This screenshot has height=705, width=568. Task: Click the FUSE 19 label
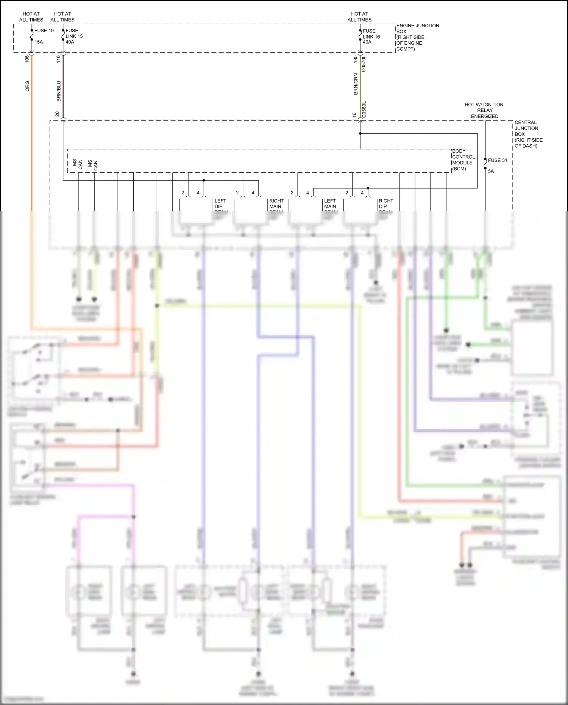(44, 31)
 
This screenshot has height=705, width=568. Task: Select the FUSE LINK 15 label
(74, 36)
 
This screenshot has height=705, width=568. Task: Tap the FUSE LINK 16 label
(371, 36)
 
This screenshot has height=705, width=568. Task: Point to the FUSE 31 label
(497, 160)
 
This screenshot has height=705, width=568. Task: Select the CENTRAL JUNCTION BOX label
(528, 134)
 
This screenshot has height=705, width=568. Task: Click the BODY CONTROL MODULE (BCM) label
(463, 160)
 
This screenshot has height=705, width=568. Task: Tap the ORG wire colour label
(27, 86)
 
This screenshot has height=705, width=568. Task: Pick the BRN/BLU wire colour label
(59, 91)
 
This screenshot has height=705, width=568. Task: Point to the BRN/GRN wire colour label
(356, 84)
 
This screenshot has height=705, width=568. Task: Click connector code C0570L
(364, 64)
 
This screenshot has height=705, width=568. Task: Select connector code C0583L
(364, 109)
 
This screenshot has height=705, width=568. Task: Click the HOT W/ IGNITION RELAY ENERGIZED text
(484, 110)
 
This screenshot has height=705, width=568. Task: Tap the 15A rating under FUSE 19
(39, 42)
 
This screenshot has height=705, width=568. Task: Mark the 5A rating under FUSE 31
(491, 171)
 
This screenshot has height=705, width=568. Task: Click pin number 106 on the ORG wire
(27, 59)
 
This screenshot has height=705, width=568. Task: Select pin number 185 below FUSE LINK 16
(355, 59)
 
